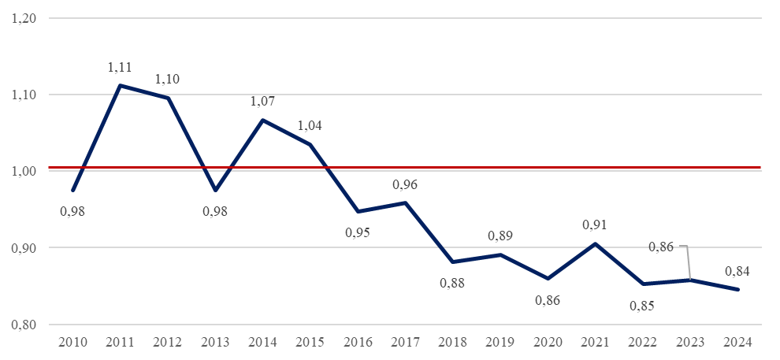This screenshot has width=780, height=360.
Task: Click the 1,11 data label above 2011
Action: pos(119,68)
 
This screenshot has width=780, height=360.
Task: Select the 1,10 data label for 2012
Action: pos(167,80)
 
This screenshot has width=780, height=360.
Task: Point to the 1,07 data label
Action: pos(262,102)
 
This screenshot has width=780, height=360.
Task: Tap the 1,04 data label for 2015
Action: pos(310,125)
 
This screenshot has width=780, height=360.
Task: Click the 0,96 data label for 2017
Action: pos(405,185)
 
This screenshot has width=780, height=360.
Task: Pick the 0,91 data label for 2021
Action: pos(596,225)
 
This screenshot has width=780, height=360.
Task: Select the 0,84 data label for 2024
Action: pos(737,272)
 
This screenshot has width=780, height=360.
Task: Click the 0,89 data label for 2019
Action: pos(500,236)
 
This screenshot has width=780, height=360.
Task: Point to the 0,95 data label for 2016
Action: pos(358,232)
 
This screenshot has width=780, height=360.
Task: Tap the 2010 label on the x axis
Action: pos(72,342)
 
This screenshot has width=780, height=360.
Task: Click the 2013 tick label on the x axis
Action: pos(215,342)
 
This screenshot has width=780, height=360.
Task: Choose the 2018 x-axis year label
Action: pos(453,342)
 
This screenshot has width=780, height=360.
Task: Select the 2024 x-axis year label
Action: pos(738,342)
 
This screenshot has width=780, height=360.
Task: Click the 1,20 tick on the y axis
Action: pos(25,18)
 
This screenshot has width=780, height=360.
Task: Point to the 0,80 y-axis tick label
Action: pos(25,325)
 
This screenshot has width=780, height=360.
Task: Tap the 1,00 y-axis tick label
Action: pos(25,171)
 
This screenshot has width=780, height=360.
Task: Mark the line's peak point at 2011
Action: pos(119,85)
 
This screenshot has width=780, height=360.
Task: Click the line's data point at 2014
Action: pos(262,121)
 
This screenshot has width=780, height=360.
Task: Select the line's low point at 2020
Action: pos(548,279)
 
